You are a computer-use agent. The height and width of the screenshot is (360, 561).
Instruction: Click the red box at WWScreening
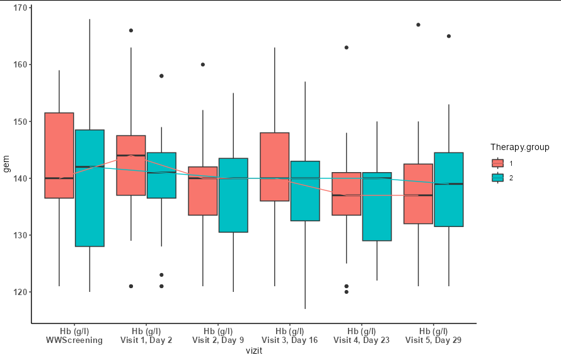click(59, 155)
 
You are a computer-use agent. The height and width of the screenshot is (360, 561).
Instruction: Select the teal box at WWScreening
click(90, 188)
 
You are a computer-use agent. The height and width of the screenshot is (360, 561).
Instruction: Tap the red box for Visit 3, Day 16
click(274, 166)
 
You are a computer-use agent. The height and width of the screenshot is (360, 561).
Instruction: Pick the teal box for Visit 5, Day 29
click(449, 189)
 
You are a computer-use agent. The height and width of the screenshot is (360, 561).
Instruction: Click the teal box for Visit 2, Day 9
click(233, 195)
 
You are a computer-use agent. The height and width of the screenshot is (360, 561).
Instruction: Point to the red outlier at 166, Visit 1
click(131, 30)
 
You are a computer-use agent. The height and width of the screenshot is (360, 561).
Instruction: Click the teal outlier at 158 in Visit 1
click(161, 76)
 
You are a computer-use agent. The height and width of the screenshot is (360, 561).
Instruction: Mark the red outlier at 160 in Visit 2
click(203, 64)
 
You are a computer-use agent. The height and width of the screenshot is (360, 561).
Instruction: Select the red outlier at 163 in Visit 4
click(346, 47)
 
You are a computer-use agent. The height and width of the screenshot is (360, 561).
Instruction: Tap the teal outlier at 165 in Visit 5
click(449, 36)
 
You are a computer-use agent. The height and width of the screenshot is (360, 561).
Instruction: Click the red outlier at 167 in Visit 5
click(419, 25)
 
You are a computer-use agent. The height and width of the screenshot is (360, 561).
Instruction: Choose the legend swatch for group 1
click(498, 163)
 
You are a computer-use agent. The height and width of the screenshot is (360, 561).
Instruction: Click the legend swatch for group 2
click(498, 178)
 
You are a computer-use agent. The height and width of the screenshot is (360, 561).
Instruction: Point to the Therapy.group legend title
click(519, 147)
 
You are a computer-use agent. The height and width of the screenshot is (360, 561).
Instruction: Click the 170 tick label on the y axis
click(21, 8)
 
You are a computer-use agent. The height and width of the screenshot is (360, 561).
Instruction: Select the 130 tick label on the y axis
click(21, 235)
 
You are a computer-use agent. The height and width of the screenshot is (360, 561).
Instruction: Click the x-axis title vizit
click(253, 351)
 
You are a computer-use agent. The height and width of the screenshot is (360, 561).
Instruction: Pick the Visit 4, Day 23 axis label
click(361, 340)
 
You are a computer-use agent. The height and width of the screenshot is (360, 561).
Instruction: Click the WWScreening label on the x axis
click(74, 340)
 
